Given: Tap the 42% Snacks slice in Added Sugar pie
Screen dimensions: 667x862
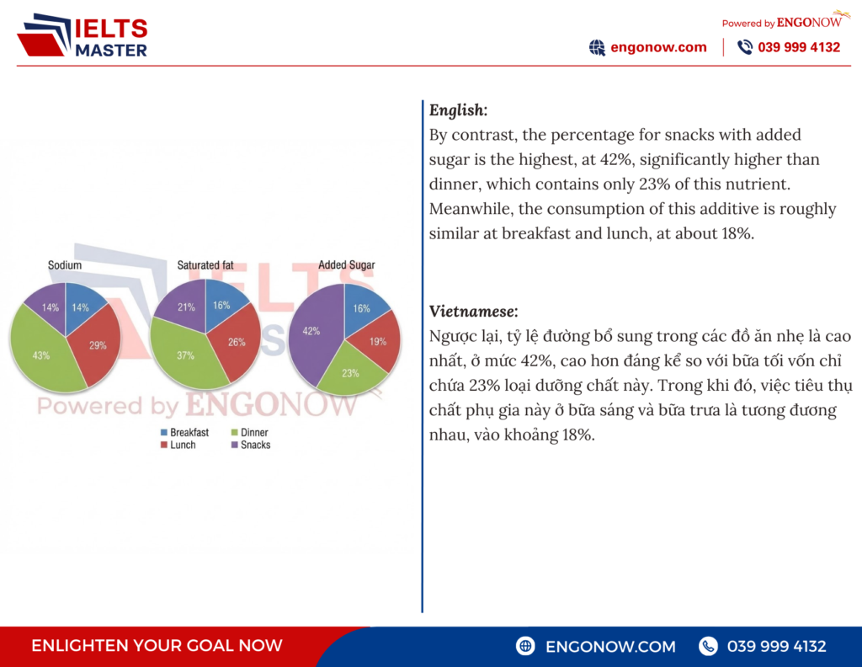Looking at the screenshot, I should click(313, 333).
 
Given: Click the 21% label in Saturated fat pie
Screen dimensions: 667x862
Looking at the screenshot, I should click(186, 307).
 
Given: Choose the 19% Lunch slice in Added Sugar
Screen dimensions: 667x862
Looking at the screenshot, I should click(376, 342).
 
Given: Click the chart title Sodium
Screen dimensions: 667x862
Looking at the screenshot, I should click(65, 265).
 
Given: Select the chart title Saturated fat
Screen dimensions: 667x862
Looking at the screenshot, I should click(205, 265).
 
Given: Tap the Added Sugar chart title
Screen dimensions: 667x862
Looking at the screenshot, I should click(346, 265).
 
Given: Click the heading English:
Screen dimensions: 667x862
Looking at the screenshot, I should click(458, 110).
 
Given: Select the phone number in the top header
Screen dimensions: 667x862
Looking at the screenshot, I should click(798, 47).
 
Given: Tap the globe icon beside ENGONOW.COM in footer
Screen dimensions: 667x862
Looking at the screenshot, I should click(526, 646).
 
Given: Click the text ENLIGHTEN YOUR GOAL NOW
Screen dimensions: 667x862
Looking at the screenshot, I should click(157, 646).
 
